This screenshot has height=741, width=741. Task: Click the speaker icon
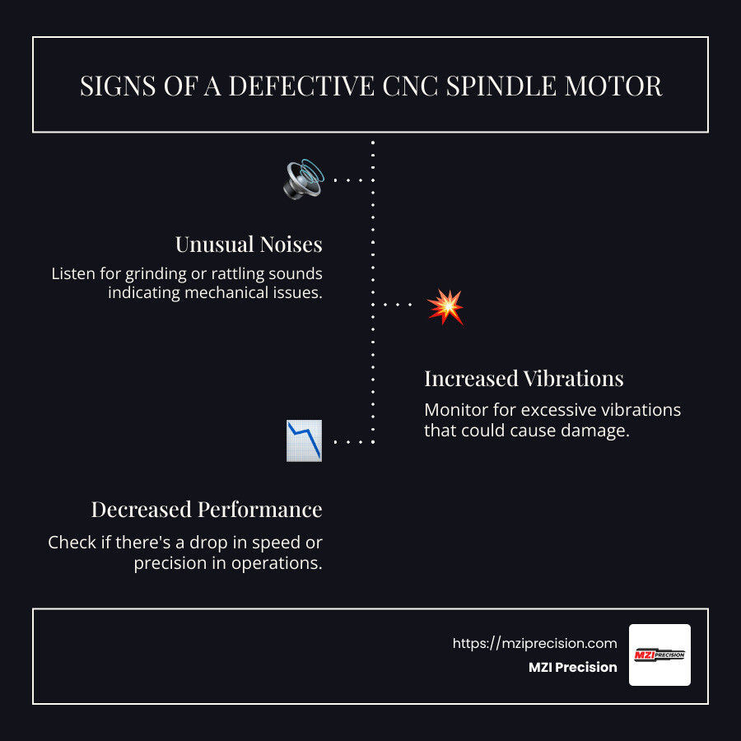[x=303, y=179]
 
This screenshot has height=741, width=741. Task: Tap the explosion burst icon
[x=445, y=306]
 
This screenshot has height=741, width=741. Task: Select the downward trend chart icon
[x=304, y=440]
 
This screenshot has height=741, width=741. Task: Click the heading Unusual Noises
[x=248, y=245]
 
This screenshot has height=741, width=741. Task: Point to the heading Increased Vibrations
[x=524, y=379]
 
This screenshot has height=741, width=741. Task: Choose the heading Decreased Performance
[x=206, y=510]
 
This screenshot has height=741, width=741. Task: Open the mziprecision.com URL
[x=534, y=644]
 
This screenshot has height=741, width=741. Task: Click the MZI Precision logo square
[x=659, y=655]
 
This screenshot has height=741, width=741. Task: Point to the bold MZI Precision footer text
[x=572, y=668]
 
